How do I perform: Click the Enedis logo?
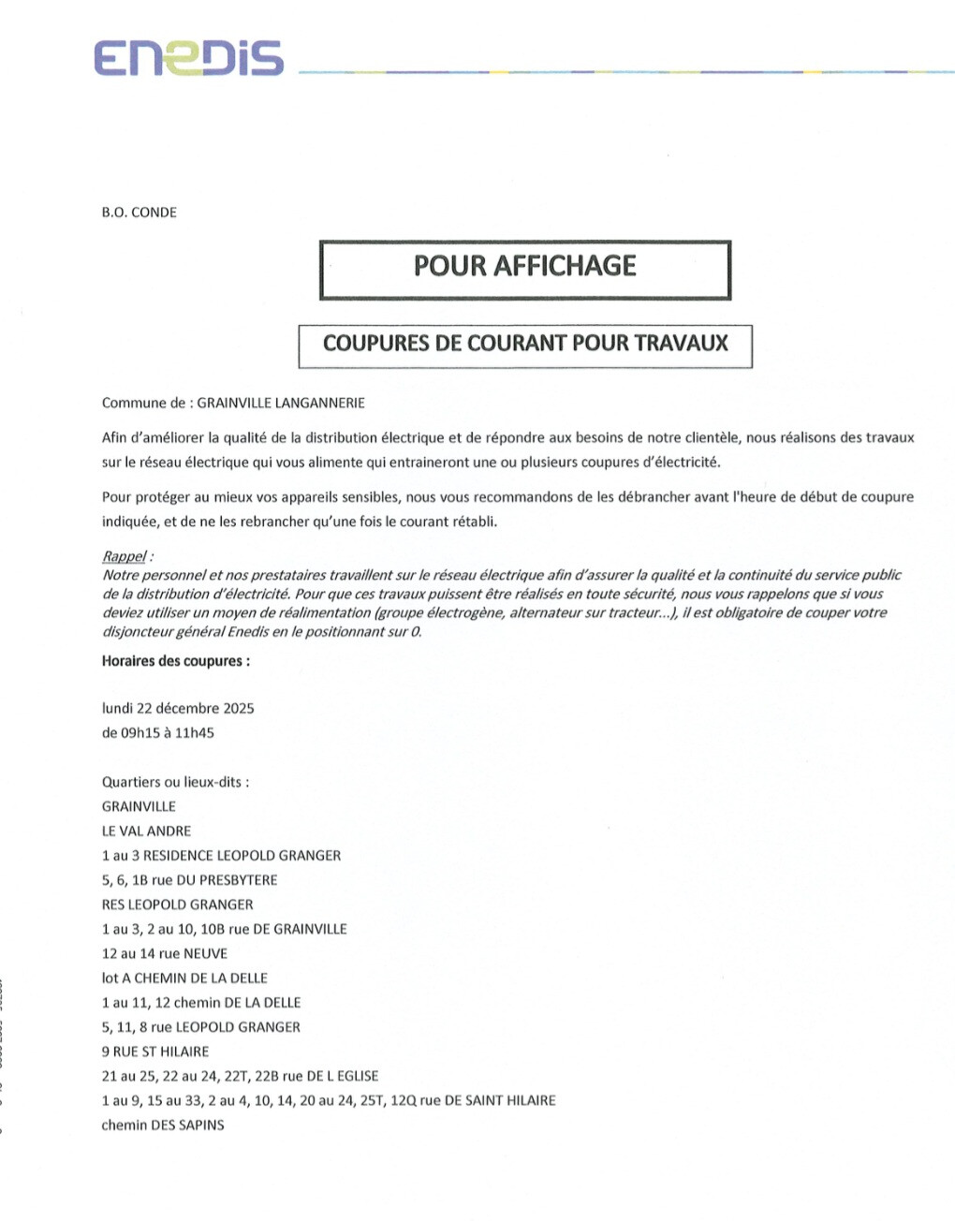pos(188,58)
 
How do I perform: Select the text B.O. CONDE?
pos(140,213)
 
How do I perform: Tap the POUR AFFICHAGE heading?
pos(524,267)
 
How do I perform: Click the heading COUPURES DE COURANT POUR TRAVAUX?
pos(525,344)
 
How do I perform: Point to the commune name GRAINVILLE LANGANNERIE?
pos(281,404)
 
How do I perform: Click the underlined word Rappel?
pos(125,556)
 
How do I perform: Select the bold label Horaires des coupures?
pos(176,661)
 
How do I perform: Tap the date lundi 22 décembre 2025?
pos(178,709)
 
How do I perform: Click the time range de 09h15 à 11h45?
pos(158,733)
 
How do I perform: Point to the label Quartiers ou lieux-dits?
pos(175,782)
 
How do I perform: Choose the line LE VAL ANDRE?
pos(147,831)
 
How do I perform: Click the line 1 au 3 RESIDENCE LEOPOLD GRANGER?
pos(222,856)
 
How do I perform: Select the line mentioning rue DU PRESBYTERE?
pos(190,880)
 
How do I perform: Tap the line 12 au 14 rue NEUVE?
pos(165,953)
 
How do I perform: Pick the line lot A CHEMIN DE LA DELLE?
pos(185,978)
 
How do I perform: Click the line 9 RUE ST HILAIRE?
pos(155,1052)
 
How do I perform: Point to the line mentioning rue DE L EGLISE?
pos(241,1077)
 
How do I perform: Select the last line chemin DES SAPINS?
pos(163,1125)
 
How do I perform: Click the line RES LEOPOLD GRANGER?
pos(178,905)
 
